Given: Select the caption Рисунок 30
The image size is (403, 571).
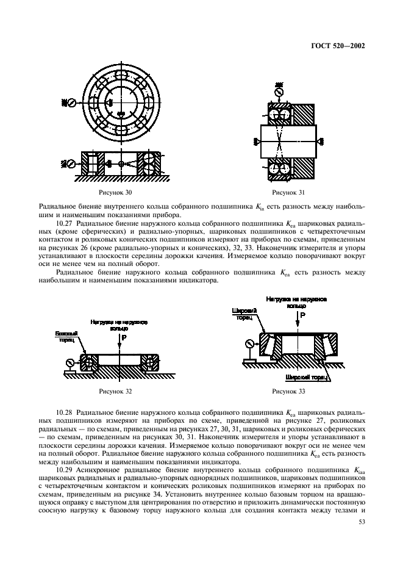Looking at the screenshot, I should (119, 193).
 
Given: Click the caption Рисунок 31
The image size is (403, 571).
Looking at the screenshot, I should (288, 193).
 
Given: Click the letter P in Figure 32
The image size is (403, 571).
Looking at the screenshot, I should (123, 336).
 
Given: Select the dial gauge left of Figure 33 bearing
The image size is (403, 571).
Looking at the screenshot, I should (249, 343).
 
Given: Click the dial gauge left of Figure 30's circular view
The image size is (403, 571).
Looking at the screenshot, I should (71, 102).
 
